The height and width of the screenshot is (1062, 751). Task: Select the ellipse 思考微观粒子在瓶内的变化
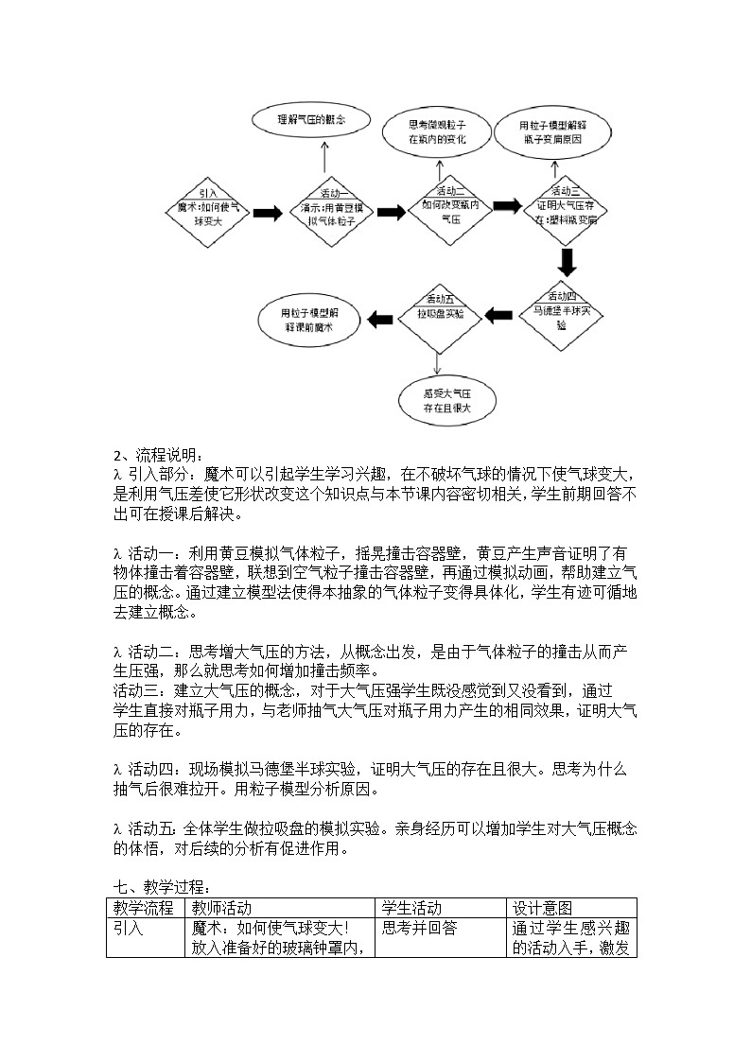tap(436, 131)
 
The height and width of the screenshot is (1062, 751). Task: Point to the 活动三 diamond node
tap(567, 210)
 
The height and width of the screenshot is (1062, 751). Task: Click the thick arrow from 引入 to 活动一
tap(268, 214)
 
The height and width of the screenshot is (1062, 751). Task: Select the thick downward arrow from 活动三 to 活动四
tap(568, 260)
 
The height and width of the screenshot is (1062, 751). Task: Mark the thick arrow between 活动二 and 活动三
tap(507, 206)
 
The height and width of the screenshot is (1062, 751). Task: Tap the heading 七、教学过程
tap(161, 887)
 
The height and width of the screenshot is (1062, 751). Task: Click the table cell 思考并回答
tap(419, 928)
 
